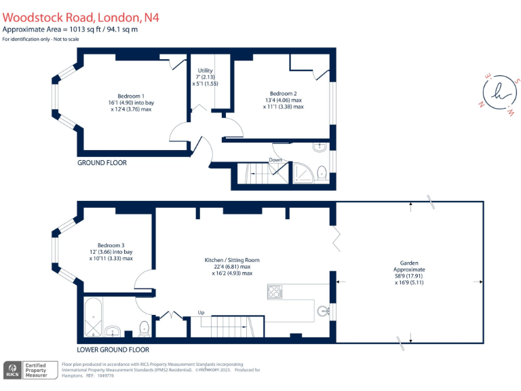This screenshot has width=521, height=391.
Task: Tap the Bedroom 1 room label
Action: tap(130, 94)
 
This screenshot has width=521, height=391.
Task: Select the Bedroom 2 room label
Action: tap(284, 94)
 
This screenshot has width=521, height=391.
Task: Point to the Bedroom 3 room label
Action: tap(111, 245)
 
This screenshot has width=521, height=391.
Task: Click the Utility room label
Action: tap(205, 71)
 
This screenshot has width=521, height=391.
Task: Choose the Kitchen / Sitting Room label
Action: tap(232, 260)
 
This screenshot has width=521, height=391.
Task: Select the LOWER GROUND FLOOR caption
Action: tap(113, 350)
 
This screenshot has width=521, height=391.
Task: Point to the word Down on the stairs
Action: tap(276, 160)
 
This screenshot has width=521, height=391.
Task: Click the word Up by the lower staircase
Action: tap(201, 312)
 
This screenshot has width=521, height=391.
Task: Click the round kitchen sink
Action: tap(323, 311)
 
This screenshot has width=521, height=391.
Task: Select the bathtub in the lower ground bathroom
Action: tap(92, 317)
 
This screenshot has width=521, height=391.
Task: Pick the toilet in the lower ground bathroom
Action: tap(143, 329)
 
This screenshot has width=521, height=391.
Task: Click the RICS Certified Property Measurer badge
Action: tap(30, 370)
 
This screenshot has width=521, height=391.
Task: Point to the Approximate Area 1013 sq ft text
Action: tap(71, 29)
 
